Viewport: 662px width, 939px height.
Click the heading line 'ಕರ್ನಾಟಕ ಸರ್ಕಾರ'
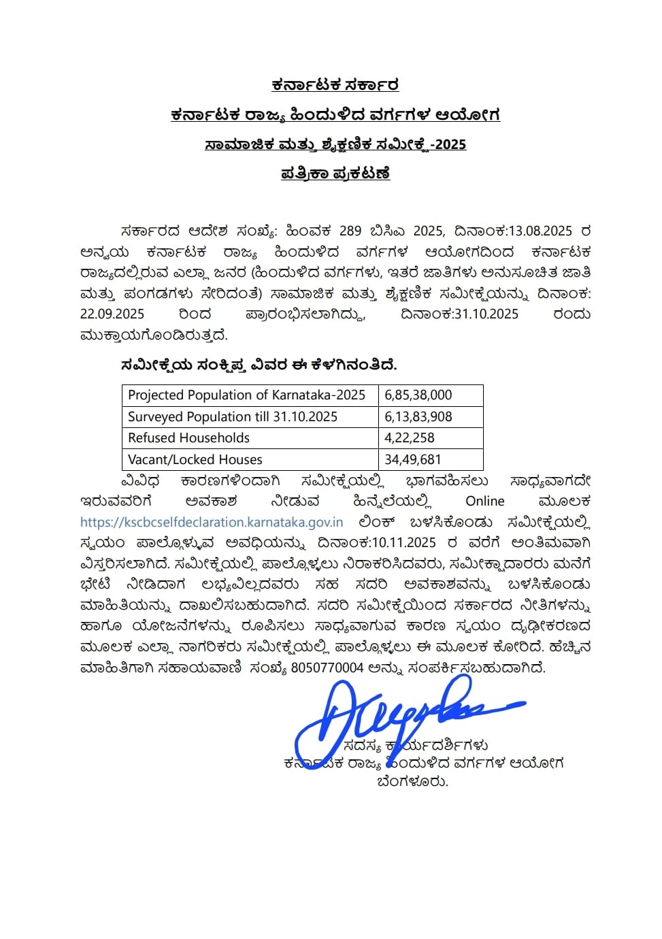coord(335,85)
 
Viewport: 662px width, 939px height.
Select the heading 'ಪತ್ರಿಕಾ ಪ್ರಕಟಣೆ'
coord(335,173)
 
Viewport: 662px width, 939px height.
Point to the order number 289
coord(350,231)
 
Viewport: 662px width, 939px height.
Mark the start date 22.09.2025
coord(112,314)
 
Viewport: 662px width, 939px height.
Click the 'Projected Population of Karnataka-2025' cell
coord(247,395)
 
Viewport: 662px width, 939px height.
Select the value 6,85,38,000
coord(418,395)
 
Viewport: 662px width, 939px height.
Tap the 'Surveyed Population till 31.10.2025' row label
coord(233,416)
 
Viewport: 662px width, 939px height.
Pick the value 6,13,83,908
coord(418,416)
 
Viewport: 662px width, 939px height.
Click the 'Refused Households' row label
coord(189,438)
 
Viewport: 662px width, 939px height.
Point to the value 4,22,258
coord(410,438)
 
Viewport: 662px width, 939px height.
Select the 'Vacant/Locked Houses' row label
coord(195,459)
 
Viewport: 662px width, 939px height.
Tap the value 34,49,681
coord(413,459)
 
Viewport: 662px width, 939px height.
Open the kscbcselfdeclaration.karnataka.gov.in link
coord(212,523)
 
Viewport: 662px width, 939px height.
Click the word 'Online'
coord(485,501)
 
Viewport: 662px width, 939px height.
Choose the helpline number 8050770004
coord(327,668)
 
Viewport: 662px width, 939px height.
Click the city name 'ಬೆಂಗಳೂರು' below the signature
coord(413,781)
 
